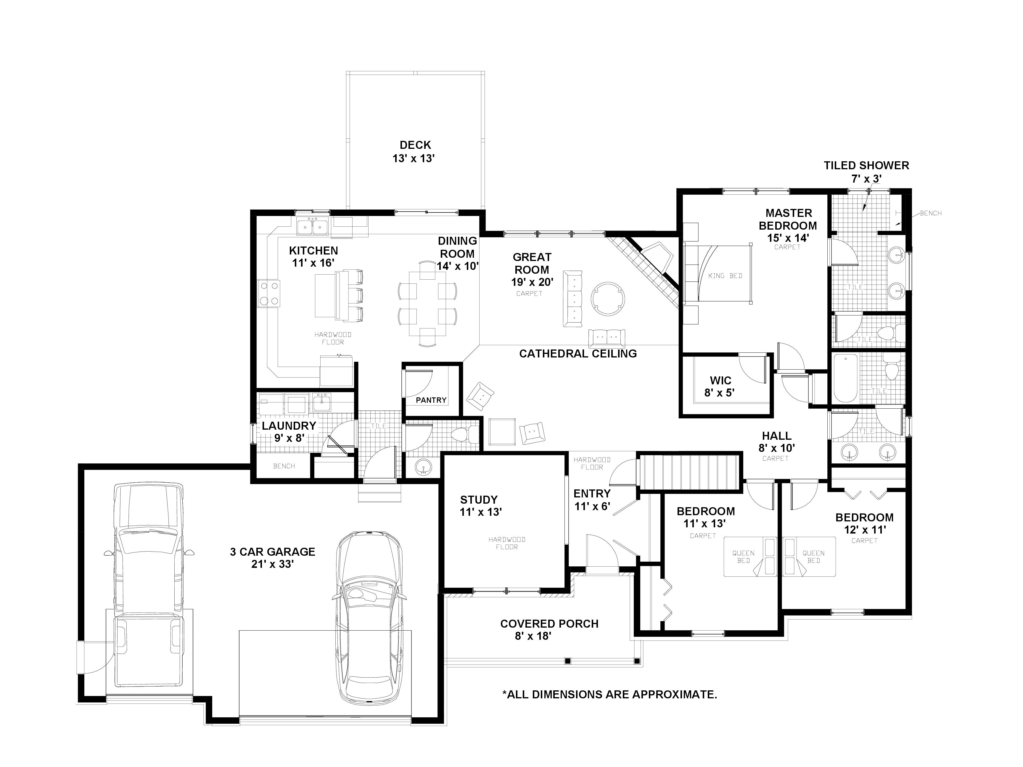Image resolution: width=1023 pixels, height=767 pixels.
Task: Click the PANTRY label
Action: [431, 400]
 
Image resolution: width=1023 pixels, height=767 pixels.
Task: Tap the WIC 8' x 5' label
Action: [720, 386]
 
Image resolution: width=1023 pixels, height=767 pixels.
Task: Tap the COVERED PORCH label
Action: [549, 624]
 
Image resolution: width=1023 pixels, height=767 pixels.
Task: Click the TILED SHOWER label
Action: [866, 165]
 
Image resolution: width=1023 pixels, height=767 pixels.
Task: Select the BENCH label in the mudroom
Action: [284, 466]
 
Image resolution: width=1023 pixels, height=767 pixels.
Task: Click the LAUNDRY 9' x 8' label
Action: [289, 431]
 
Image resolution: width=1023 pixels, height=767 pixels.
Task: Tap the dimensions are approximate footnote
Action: [609, 695]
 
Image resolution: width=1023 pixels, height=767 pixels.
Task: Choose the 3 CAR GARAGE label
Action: [272, 552]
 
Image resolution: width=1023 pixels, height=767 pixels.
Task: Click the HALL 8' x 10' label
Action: [776, 441]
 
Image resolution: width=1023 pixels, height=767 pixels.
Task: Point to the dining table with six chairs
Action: [427, 304]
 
